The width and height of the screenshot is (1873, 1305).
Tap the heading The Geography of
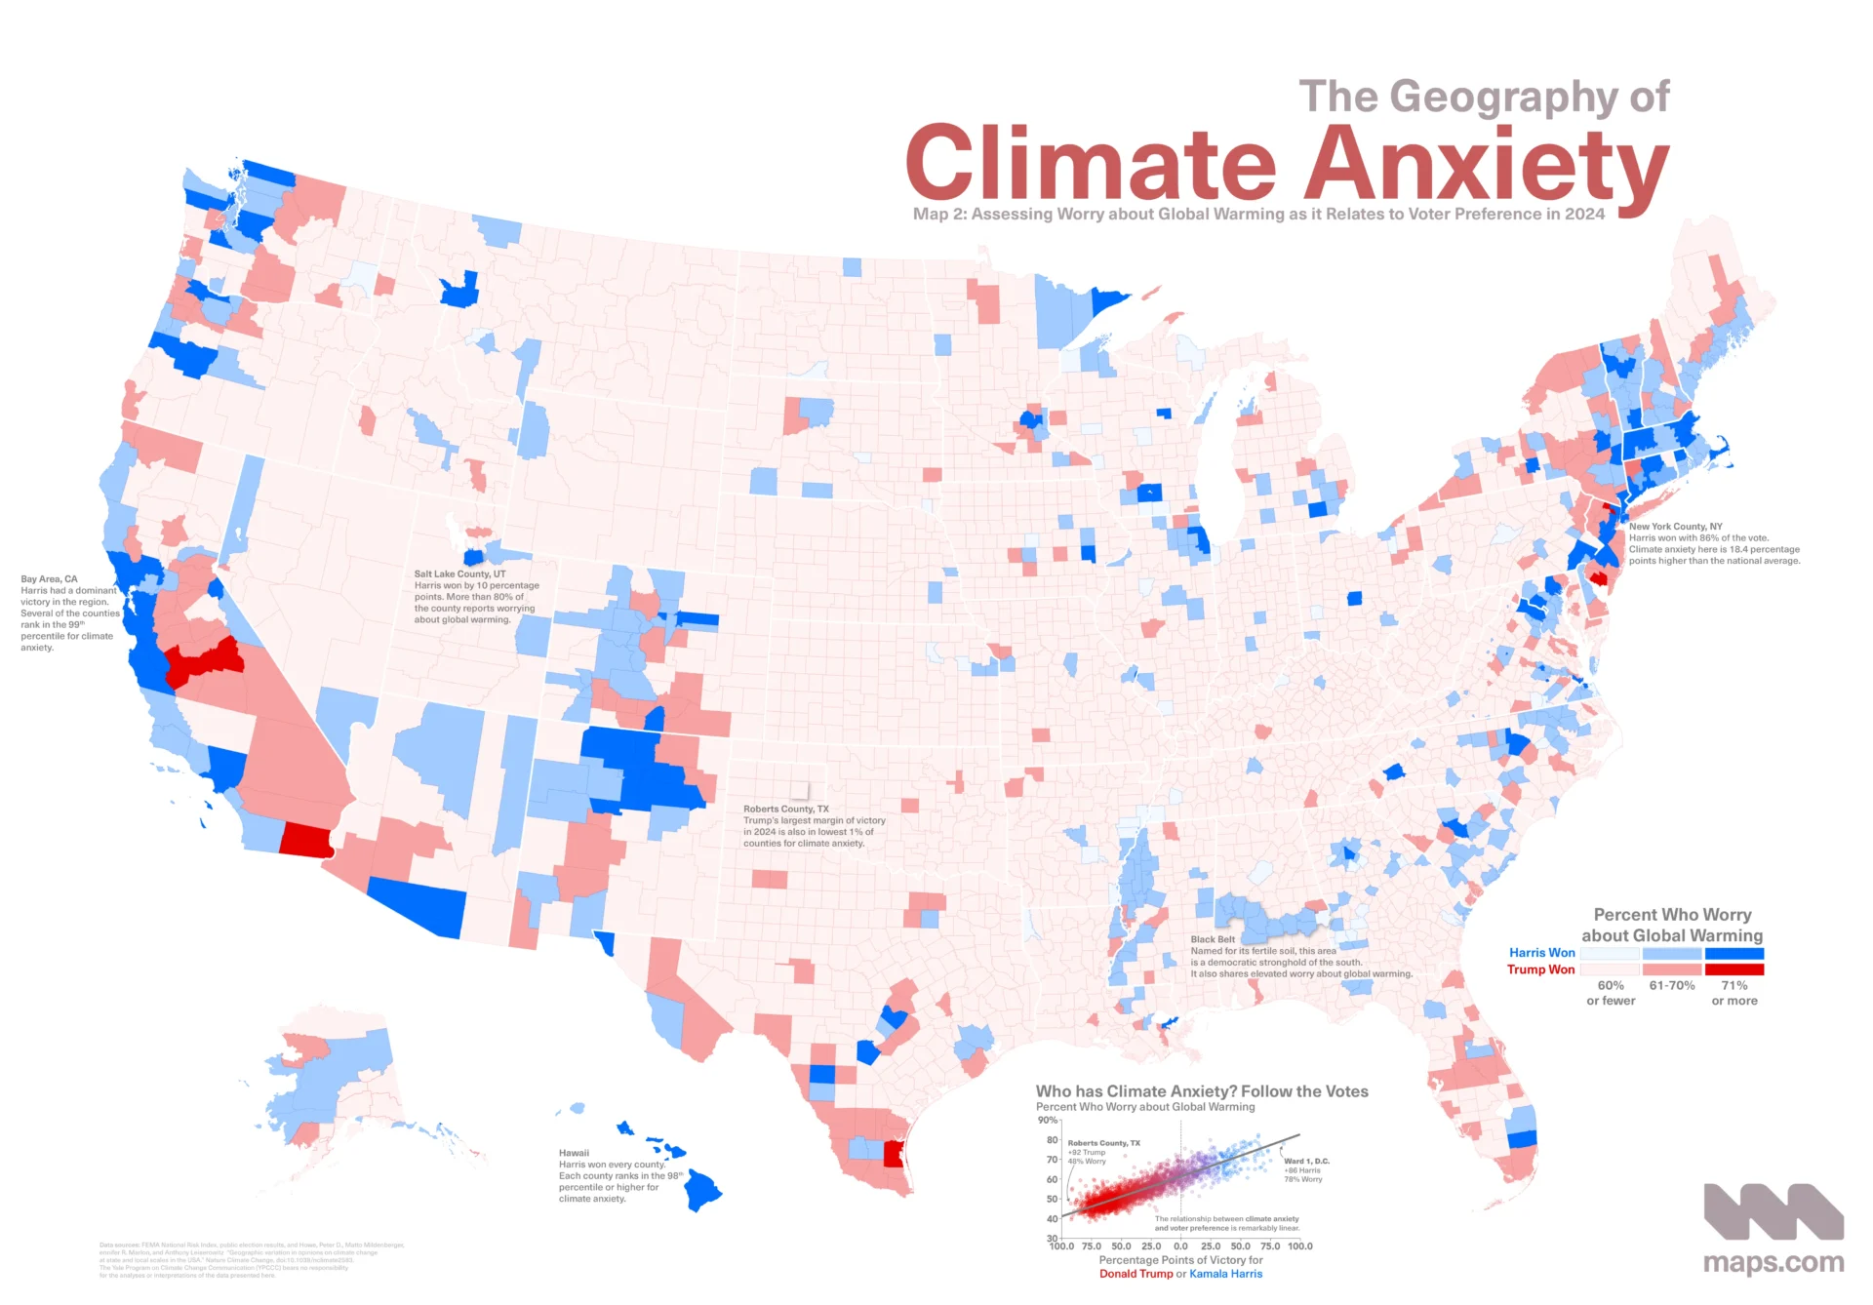(1484, 97)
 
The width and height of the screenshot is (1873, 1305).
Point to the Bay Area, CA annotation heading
(49, 579)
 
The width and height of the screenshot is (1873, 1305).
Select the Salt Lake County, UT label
(459, 574)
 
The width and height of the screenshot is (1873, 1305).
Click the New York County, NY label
(1675, 527)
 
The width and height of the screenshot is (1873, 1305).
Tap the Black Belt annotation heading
(1212, 939)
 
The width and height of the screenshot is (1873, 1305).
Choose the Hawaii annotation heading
(574, 1153)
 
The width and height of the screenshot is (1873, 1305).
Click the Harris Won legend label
(1541, 953)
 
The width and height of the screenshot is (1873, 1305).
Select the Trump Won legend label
(1540, 969)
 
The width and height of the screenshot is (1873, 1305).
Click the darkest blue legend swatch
(1734, 953)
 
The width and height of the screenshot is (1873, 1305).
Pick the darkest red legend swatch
(1734, 969)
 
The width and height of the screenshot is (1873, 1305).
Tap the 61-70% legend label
(1672, 986)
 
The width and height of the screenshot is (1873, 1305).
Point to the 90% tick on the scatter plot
(1048, 1120)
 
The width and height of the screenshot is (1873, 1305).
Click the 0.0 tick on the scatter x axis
(1180, 1246)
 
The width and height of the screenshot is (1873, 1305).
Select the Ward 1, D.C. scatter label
(1306, 1162)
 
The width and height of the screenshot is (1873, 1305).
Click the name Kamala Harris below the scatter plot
(1225, 1274)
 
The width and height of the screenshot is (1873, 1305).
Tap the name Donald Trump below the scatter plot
(1136, 1274)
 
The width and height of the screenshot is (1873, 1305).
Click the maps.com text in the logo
(1773, 1263)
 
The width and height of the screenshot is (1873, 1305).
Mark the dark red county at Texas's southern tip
(893, 1155)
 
